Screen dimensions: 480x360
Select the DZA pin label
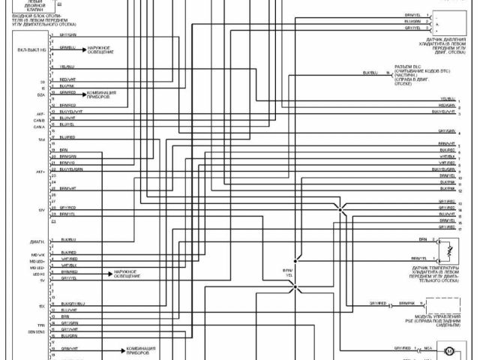click(x=41, y=94)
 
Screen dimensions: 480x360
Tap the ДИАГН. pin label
click(x=37, y=241)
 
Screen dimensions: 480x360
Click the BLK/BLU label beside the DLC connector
click(x=370, y=73)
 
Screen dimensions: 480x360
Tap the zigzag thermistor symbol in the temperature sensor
click(x=448, y=250)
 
